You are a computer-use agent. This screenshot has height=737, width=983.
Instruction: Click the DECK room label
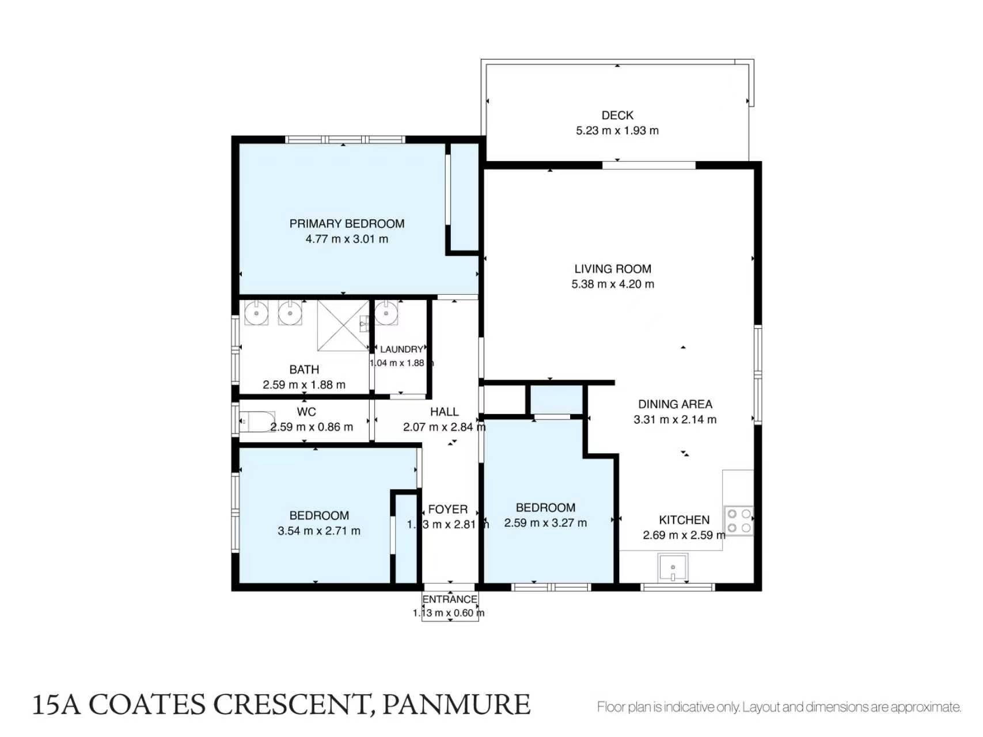tap(617, 115)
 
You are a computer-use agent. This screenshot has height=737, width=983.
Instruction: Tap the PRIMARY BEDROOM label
tap(347, 223)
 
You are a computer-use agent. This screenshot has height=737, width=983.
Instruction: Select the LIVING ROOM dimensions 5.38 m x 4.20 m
tap(613, 284)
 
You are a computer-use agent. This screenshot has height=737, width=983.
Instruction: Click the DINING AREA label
tap(675, 404)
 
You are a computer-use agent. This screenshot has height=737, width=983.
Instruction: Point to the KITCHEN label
tap(684, 520)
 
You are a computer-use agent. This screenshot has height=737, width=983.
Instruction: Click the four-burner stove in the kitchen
tap(739, 521)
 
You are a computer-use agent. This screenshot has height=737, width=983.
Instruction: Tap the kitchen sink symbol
tap(673, 568)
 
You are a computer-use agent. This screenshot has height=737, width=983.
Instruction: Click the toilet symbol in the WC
tap(256, 421)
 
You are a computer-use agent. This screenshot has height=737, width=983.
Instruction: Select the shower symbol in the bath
tap(343, 325)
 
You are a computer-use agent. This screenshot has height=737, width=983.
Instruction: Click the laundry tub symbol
tap(386, 314)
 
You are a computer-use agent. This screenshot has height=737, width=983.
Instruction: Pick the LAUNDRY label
tap(401, 349)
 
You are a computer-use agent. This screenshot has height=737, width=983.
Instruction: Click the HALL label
tap(445, 412)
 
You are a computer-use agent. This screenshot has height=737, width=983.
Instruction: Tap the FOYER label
tap(448, 510)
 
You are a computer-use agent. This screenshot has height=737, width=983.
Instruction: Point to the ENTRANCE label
tap(450, 599)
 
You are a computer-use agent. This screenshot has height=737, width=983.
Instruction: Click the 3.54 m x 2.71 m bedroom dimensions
tap(319, 531)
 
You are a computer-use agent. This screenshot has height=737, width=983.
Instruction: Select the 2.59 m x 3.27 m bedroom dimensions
tap(545, 523)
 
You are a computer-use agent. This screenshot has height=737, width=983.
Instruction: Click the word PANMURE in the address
tap(456, 705)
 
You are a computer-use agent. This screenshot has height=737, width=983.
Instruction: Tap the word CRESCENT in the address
tap(290, 705)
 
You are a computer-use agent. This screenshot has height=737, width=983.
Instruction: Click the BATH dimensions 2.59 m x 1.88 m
tap(304, 385)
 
